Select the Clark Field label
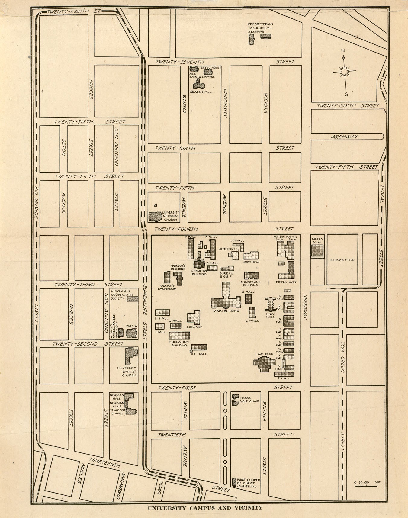342,260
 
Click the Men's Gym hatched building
317,250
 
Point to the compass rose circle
344,72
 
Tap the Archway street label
344,137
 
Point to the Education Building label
179,343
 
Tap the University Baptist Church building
131,355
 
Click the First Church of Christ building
234,481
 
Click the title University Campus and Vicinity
205,508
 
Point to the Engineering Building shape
251,275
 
